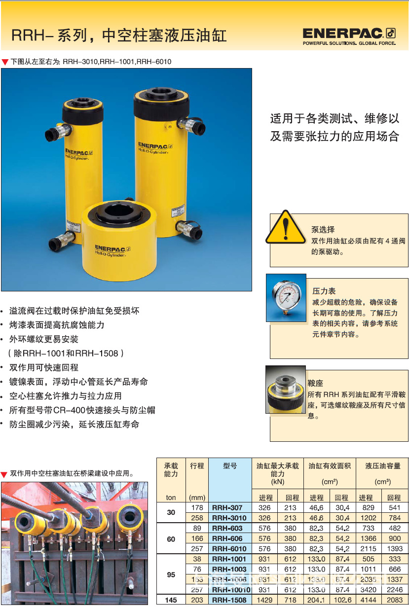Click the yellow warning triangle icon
286,227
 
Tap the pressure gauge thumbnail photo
286,297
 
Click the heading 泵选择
323,229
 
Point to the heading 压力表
324,291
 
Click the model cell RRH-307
227,507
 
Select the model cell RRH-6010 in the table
229,549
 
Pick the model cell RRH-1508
229,600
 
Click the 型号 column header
230,465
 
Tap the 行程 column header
197,465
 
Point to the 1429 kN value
265,600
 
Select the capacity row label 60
171,538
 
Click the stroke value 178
197,507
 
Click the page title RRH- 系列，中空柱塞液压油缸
119,36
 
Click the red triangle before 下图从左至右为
5,62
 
